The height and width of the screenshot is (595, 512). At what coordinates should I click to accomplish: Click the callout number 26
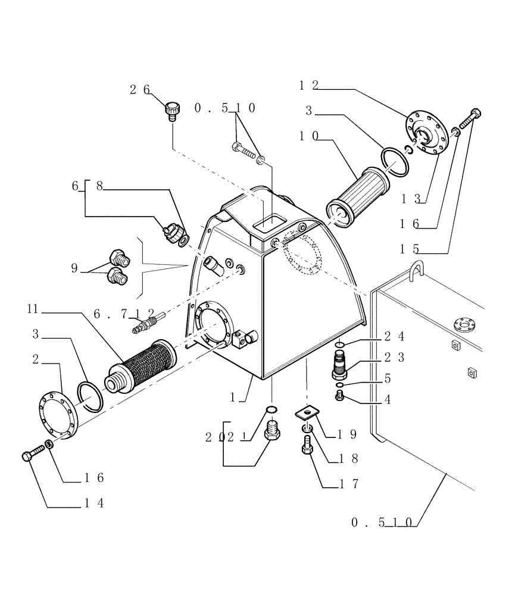tap(140, 90)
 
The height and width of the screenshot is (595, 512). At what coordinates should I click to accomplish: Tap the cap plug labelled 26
tap(172, 111)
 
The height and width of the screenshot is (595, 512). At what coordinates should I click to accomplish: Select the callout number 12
tap(309, 86)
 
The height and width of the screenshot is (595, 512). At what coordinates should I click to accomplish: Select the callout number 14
tap(93, 503)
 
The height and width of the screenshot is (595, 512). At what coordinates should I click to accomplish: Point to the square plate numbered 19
tap(307, 412)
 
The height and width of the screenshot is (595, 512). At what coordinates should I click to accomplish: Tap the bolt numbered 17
tap(307, 445)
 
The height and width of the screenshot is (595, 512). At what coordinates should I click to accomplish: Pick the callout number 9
tap(74, 268)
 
